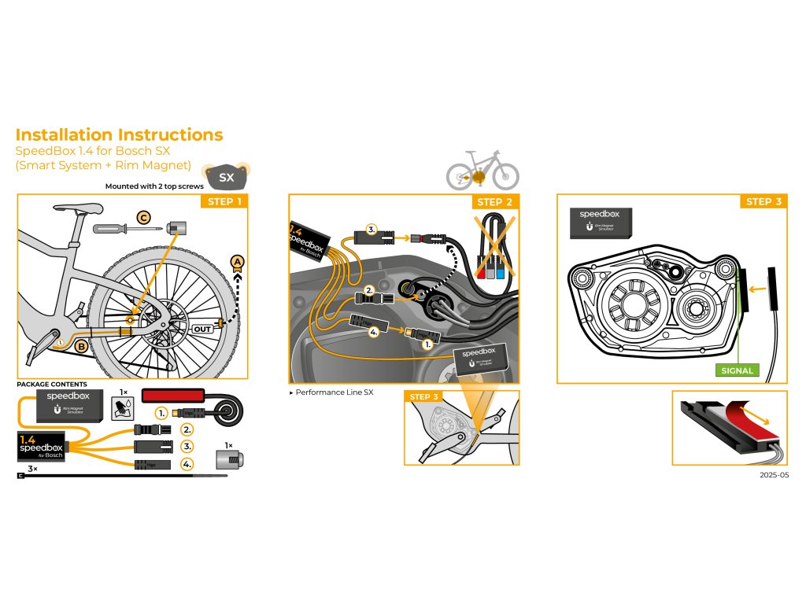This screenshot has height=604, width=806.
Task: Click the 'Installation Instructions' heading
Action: click(x=119, y=134)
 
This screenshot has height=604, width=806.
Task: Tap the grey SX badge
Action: click(x=226, y=177)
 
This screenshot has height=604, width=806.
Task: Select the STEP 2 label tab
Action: click(x=494, y=202)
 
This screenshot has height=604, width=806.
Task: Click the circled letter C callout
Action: click(x=143, y=217)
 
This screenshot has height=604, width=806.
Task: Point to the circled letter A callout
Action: click(x=236, y=262)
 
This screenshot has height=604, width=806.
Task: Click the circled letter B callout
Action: click(x=81, y=345)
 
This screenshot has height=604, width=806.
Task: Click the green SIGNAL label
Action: click(x=737, y=370)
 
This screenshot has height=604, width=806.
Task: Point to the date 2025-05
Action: click(x=774, y=475)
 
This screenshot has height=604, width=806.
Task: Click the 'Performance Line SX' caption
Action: click(x=331, y=392)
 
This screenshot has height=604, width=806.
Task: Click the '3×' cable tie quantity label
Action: click(x=32, y=469)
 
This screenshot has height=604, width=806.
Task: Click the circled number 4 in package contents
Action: click(x=187, y=464)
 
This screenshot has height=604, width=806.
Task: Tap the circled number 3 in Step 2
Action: click(x=372, y=230)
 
